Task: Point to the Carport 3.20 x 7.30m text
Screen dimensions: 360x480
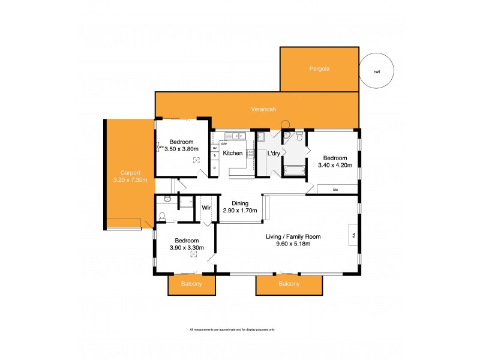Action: [130, 176]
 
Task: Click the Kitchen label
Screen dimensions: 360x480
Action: [232, 153]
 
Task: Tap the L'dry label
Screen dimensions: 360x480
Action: [274, 153]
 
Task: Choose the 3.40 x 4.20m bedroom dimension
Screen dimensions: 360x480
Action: [334, 165]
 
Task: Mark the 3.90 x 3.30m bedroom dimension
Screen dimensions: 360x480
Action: [185, 248]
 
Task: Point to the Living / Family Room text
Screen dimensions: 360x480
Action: [293, 236]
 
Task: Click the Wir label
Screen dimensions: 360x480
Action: [206, 208]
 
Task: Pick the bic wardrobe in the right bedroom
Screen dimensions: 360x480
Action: [336, 190]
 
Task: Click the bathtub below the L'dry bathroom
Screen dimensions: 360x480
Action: [293, 170]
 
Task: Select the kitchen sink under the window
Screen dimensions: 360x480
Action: [232, 136]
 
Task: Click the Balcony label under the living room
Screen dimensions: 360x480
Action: [289, 284]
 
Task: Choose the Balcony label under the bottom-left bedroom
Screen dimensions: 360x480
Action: [191, 284]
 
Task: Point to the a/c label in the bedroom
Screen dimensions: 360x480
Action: [160, 146]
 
